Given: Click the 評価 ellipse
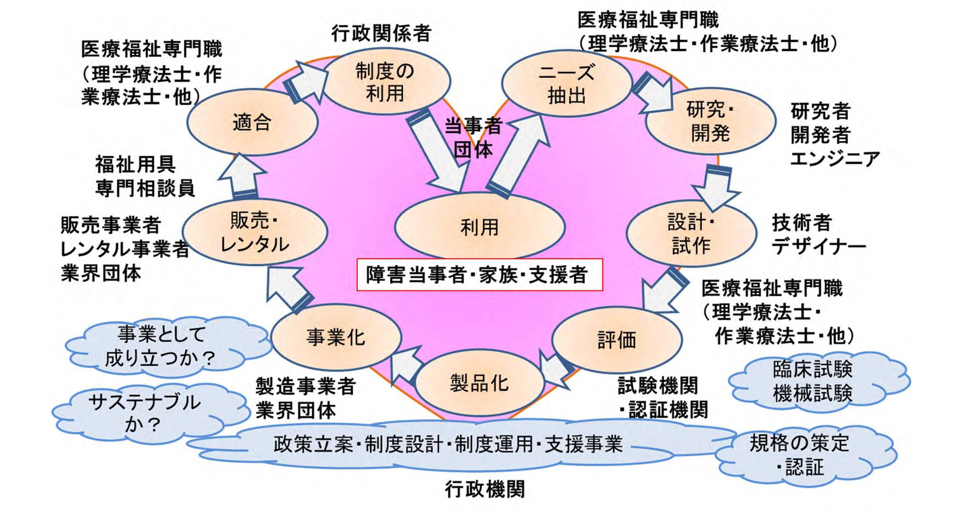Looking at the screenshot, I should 617,339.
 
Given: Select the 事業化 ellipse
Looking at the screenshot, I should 336,337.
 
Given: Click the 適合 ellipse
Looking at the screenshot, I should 252,122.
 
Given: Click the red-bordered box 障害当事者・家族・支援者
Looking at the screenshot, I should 479,275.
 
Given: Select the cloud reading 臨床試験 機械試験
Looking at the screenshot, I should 815,382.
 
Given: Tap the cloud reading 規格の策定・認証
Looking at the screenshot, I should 804,454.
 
